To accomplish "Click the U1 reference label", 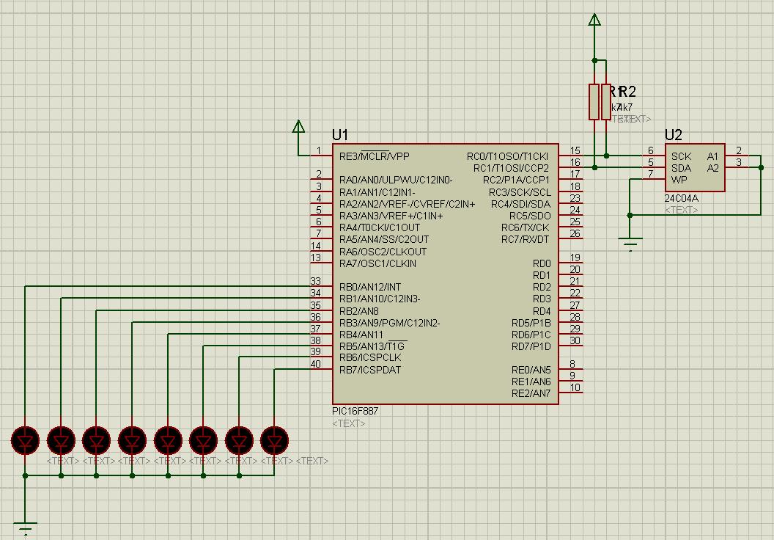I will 340,135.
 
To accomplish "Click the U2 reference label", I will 673,135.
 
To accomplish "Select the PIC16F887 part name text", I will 355,412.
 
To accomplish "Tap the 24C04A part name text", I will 681,199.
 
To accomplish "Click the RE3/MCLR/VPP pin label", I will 374,156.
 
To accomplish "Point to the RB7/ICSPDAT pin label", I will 370,370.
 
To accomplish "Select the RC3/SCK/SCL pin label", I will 520,192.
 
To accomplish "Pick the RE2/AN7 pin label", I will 531,394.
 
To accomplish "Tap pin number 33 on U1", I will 315,281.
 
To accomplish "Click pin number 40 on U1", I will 315,364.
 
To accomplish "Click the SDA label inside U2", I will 681,168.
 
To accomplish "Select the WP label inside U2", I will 679,180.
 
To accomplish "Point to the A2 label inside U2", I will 712,168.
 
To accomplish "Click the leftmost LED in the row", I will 26,441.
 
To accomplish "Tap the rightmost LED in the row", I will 274,441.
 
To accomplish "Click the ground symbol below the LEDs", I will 26,528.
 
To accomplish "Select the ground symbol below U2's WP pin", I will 630,243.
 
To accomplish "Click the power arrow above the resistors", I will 594,20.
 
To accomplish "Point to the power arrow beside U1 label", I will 298,127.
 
